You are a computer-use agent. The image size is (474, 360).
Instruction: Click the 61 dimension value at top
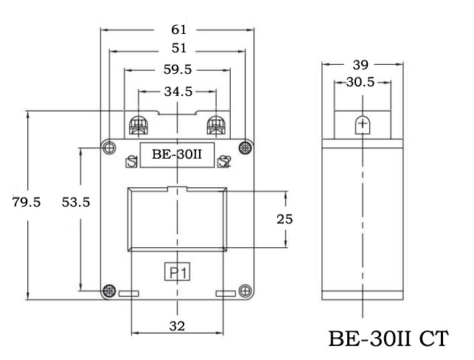click(178, 30)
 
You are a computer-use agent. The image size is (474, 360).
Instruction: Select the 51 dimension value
click(178, 50)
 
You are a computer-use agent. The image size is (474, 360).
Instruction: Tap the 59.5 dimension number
click(177, 71)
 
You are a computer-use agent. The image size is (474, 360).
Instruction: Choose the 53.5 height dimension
click(75, 202)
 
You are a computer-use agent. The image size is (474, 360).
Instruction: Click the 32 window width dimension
click(177, 325)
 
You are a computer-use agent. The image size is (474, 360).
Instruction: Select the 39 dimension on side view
click(362, 64)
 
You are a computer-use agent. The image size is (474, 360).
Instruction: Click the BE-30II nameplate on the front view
click(177, 155)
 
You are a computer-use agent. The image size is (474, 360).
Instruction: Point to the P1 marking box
click(177, 274)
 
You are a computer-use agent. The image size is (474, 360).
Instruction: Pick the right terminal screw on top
click(216, 125)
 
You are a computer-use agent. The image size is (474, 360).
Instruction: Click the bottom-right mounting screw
click(245, 290)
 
